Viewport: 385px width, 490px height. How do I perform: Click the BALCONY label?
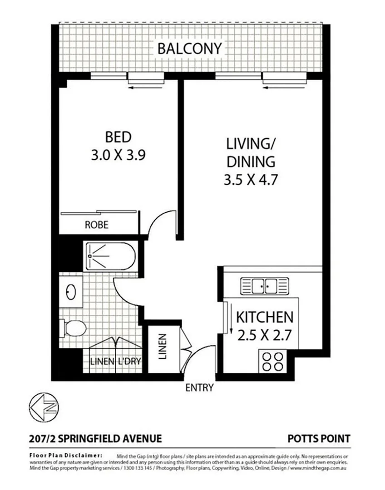190,48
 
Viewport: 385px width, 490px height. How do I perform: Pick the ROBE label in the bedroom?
96,225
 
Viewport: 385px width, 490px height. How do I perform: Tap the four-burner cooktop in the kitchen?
271,362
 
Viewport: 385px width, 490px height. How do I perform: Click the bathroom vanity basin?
71,292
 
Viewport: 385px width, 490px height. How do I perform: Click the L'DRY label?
130,362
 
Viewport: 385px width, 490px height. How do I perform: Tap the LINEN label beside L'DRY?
102,362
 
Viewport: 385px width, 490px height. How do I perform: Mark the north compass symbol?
44,405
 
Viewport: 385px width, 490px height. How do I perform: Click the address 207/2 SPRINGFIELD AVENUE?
95,438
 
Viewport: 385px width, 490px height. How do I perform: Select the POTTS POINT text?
319,438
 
